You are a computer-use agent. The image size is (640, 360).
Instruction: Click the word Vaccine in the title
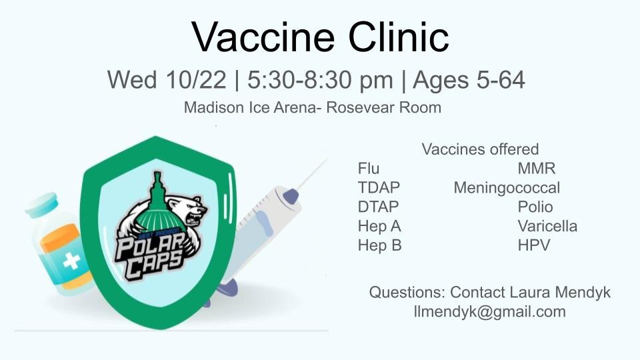(263, 37)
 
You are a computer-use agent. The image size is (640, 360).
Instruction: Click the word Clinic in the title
(399, 37)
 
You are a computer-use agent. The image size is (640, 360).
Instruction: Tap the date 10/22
(196, 79)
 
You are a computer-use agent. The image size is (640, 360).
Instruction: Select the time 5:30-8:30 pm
(320, 81)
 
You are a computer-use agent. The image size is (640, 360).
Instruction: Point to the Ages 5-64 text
(469, 81)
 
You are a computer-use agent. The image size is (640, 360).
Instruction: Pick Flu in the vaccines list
(368, 168)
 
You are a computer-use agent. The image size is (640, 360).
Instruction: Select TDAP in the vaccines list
(379, 187)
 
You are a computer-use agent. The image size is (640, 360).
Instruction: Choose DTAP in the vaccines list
(378, 207)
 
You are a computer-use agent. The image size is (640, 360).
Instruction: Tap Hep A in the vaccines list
(379, 226)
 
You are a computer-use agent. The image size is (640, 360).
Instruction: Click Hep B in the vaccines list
(379, 245)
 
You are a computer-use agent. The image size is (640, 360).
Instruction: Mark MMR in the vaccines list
(536, 168)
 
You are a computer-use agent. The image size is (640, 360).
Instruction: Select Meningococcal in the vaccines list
(507, 188)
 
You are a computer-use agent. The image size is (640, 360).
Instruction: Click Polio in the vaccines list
(535, 207)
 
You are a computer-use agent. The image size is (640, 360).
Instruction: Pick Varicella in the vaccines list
(547, 226)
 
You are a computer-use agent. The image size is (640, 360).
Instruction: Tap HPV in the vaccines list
(534, 245)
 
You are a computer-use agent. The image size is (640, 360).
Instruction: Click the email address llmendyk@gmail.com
(490, 312)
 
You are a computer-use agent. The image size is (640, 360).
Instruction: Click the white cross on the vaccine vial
(72, 261)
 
